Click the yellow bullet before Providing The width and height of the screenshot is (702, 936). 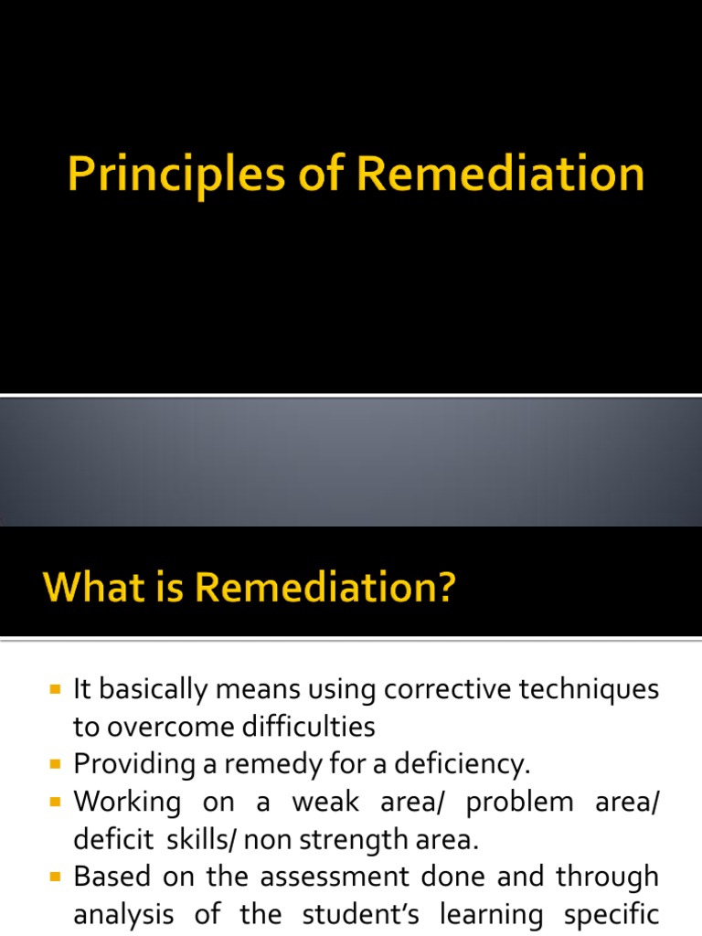56,762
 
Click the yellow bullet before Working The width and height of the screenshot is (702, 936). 56,801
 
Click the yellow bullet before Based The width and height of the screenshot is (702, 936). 56,876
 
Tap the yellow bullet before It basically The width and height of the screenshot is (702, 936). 56,688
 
